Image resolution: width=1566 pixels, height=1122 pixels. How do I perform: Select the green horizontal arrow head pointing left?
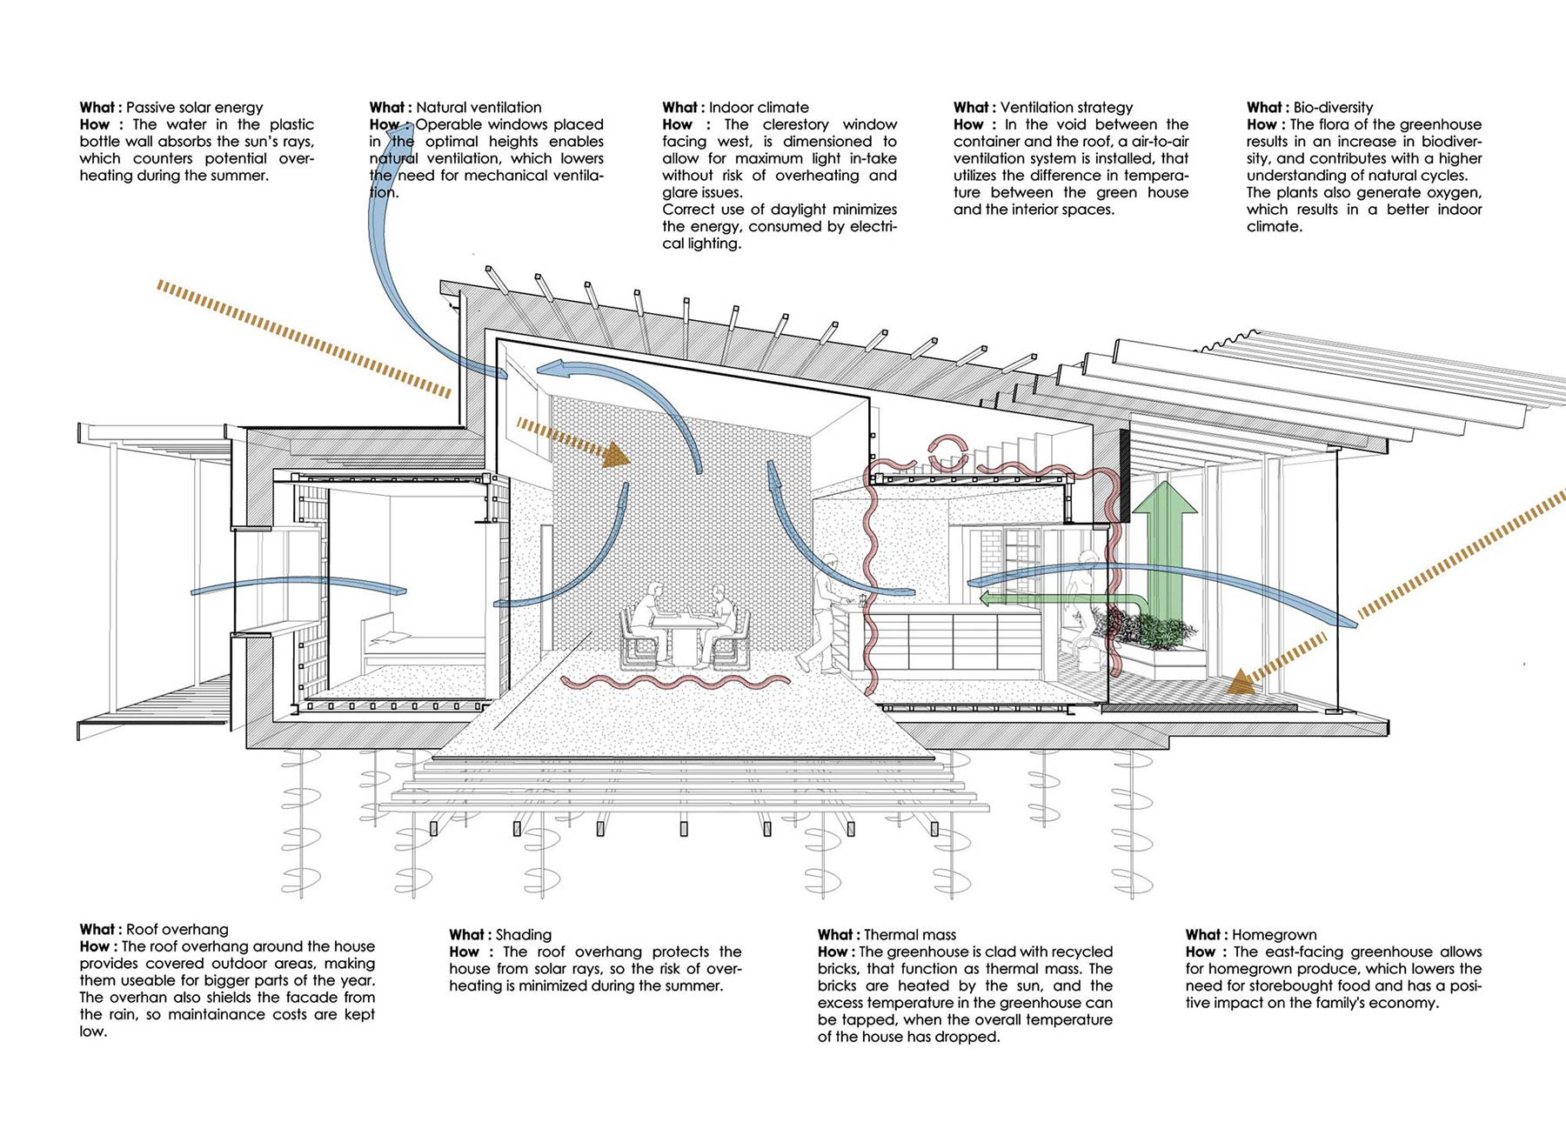(987, 598)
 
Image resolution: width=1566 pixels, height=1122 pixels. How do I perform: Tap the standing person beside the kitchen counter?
(824, 609)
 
